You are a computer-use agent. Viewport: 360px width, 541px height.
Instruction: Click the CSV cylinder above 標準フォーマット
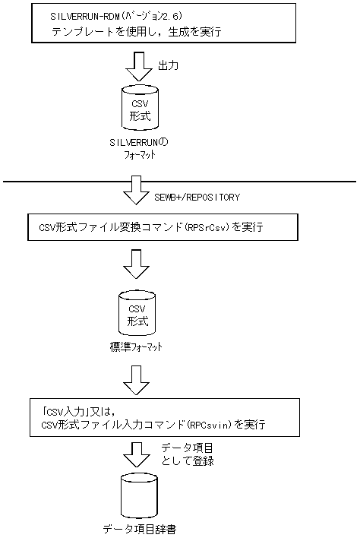[x=137, y=313]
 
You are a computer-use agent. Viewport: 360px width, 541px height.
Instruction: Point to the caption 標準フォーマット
[x=137, y=346]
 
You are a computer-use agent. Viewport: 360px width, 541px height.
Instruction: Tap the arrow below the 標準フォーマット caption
[x=137, y=380]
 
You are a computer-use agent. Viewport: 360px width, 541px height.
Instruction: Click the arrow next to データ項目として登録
[x=137, y=454]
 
